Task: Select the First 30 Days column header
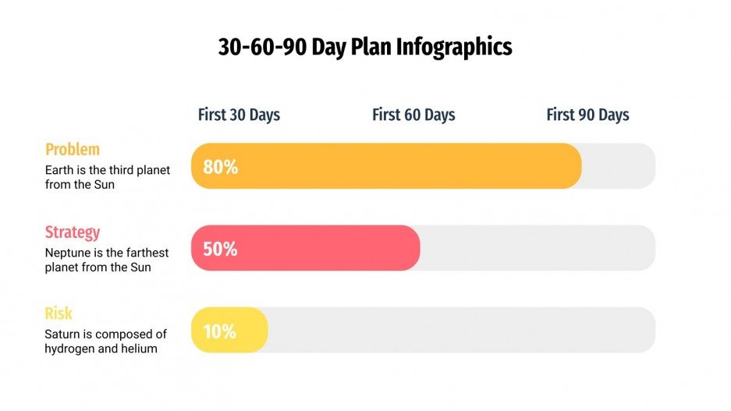tap(239, 115)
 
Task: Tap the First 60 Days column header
tap(413, 115)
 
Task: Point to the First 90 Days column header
tap(587, 115)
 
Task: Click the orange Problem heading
tap(73, 149)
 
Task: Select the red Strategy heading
tap(73, 232)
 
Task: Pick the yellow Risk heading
tap(59, 314)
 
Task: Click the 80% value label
tap(220, 167)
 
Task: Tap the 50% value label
tap(220, 250)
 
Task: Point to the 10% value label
tap(219, 331)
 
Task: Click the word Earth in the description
tap(59, 169)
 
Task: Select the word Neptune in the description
tap(68, 253)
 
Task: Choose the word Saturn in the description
tap(62, 335)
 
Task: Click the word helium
tap(139, 349)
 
